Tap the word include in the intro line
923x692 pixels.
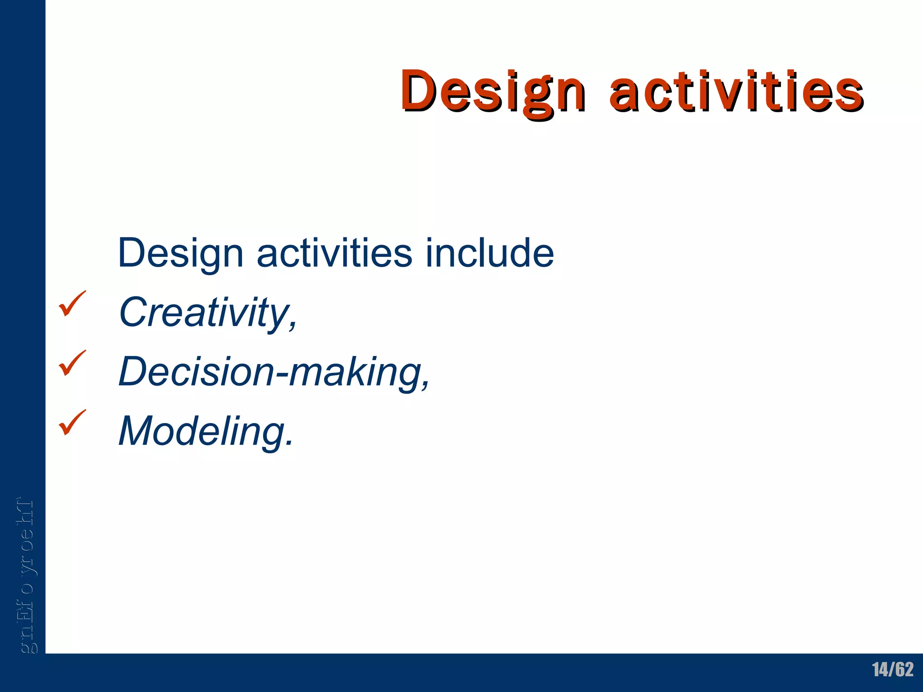point(489,253)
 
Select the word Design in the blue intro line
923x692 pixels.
point(181,253)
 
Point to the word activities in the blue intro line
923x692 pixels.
point(334,253)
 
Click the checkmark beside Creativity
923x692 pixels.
point(72,304)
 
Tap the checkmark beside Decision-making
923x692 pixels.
point(72,364)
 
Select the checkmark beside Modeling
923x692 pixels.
point(72,423)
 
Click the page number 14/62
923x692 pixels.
point(892,669)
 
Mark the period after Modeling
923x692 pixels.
point(288,443)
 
